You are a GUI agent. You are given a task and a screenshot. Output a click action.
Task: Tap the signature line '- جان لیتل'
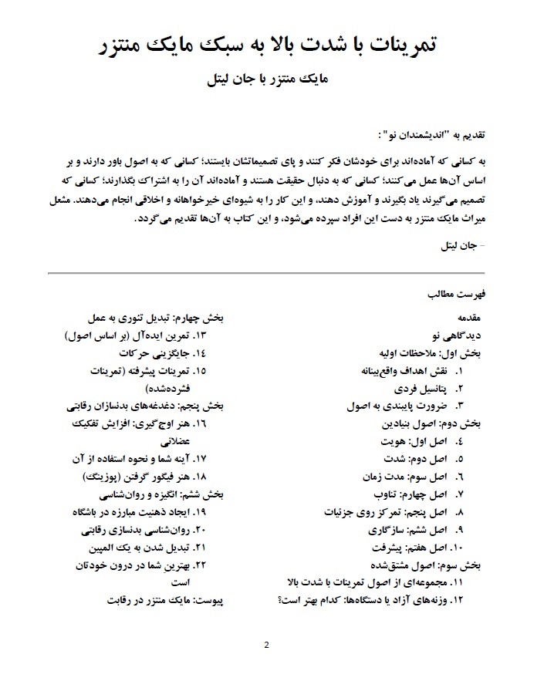pos(462,248)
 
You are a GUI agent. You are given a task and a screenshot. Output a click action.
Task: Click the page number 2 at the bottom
pos(266,645)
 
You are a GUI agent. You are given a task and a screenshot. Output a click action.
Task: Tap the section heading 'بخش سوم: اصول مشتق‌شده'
pos(433,565)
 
